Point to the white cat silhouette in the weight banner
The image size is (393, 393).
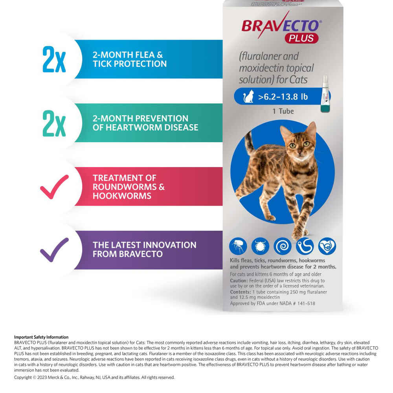248,97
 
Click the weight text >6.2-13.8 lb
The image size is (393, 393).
283,97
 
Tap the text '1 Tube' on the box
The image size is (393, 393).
283,111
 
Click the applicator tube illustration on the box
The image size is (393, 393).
325,94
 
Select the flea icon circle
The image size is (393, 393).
238,246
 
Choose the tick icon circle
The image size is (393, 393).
261,246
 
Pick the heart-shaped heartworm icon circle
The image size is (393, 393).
327,246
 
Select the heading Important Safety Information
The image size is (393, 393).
41,337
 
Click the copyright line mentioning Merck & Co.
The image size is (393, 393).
94,377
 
